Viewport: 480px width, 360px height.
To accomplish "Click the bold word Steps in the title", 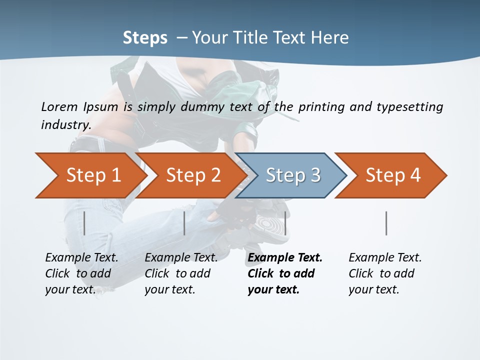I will point(145,38).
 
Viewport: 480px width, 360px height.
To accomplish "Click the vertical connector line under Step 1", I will point(84,223).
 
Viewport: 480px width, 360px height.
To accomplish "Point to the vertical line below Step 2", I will point(184,223).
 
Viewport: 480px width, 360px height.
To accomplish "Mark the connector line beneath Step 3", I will point(285,223).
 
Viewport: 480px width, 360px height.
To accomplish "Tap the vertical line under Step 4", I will point(386,223).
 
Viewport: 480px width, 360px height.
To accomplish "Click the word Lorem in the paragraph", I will point(59,107).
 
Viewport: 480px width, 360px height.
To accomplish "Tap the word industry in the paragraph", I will point(65,125).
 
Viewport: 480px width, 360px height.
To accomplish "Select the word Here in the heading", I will point(329,38).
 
